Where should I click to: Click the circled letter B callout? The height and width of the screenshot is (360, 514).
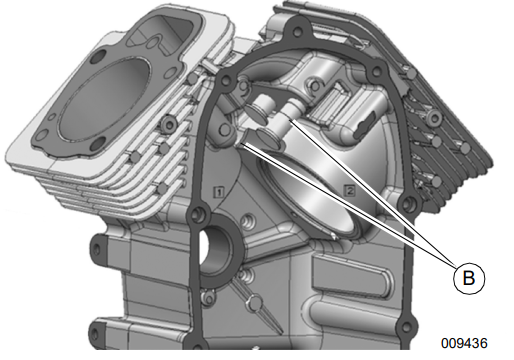[x=469, y=278]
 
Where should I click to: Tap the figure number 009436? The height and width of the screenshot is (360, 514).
[x=464, y=343]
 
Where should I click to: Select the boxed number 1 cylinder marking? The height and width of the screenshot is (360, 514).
[x=219, y=192]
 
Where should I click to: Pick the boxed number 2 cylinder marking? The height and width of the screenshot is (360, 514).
[x=350, y=191]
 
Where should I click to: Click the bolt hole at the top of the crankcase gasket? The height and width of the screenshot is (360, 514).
[x=296, y=32]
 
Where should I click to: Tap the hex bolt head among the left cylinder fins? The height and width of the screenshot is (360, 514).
[x=169, y=124]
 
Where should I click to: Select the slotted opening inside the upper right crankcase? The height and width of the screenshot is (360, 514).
[x=364, y=126]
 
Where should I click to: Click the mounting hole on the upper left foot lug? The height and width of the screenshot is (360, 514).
[x=96, y=248]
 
